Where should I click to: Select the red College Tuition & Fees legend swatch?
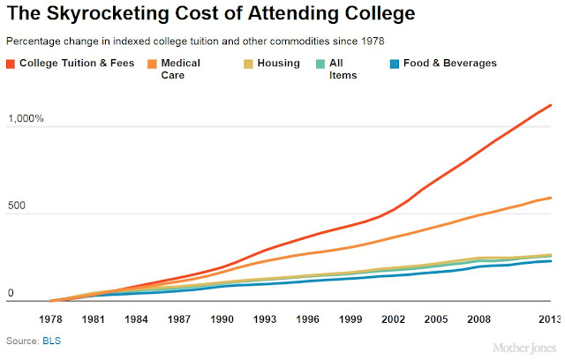point(11,64)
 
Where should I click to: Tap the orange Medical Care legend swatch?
point(152,64)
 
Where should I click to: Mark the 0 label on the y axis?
point(10,293)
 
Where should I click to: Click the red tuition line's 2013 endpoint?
point(552,105)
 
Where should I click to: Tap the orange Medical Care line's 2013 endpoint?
point(552,198)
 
